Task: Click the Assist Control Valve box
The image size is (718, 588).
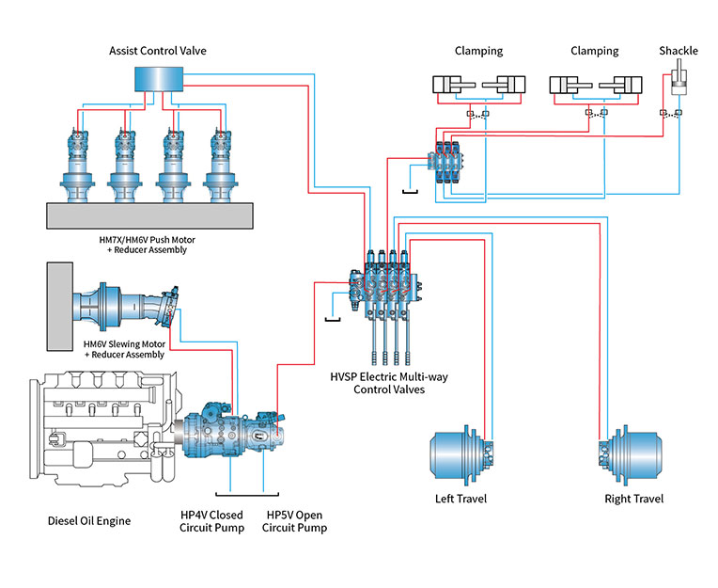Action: [158, 80]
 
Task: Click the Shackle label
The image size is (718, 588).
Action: [678, 51]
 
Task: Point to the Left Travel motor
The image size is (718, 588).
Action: [461, 454]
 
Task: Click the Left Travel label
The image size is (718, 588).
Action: [461, 499]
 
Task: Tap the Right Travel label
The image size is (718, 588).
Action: [633, 499]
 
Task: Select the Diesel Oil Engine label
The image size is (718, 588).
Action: [89, 520]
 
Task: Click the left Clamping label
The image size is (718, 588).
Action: [478, 51]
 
